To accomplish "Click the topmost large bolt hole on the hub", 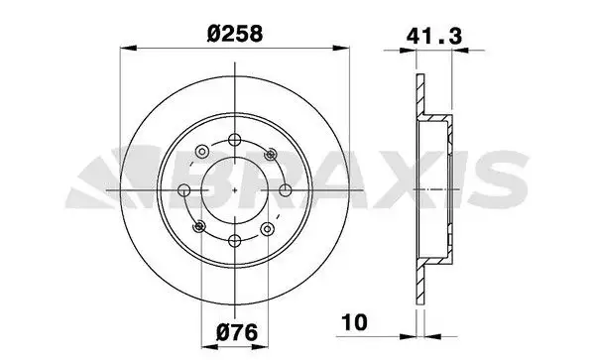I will tap(234, 140).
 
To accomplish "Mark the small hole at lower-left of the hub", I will tap(200, 225).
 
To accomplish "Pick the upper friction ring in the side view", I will tap(418, 95).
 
